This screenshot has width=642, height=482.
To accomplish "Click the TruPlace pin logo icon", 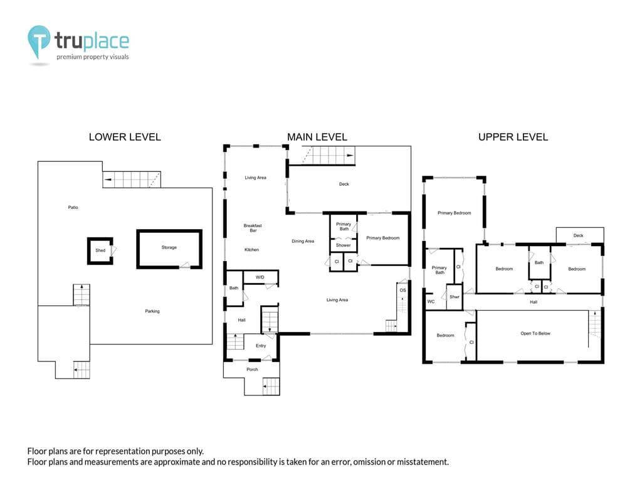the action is (x=39, y=41).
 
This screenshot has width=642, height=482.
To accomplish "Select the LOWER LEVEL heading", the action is (x=125, y=137).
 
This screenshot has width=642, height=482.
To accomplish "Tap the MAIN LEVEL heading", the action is (x=317, y=137).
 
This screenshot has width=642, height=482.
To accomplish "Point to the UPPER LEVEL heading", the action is (x=513, y=137).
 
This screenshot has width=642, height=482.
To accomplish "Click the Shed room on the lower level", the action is (x=100, y=250).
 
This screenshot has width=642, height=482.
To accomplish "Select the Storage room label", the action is (x=169, y=247).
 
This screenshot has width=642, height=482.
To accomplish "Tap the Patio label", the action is (x=73, y=207).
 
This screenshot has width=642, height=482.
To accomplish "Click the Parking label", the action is (x=152, y=311).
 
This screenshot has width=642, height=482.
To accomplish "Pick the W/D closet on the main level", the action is (x=260, y=277).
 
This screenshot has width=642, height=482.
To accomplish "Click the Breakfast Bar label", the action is (x=253, y=228).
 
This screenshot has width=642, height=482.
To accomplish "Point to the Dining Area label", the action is (x=303, y=241).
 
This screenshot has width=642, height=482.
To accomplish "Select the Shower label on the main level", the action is (x=343, y=245).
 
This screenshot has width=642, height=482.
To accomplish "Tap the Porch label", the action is (x=252, y=369).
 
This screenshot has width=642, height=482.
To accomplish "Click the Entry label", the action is (x=261, y=346).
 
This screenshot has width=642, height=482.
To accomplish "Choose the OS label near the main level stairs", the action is (x=403, y=290).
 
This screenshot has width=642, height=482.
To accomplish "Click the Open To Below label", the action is (x=535, y=333).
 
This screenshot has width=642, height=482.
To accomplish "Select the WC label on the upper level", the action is (x=431, y=301).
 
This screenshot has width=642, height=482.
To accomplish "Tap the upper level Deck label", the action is (x=578, y=235).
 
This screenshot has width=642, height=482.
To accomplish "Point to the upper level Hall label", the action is (x=534, y=302).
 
